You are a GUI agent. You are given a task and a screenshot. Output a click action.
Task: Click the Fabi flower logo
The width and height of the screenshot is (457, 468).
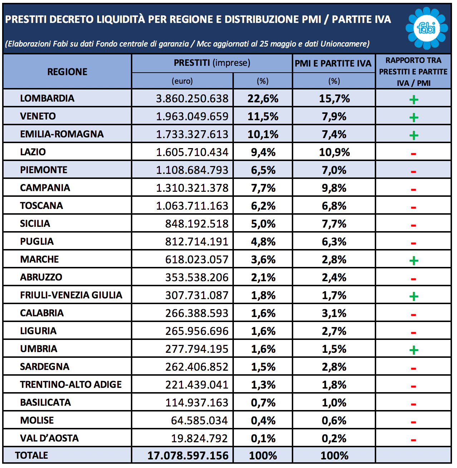427,28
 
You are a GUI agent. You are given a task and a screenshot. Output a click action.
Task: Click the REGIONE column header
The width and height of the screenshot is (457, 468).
67,72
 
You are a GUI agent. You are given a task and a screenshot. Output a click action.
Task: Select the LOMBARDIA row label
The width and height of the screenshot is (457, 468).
47,98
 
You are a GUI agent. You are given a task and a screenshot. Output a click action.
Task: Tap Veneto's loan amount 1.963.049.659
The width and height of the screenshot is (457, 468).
192,116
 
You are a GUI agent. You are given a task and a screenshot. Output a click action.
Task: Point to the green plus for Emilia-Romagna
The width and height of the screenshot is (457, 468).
414,135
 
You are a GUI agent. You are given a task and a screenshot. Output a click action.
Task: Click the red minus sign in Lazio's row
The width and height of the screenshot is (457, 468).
413,154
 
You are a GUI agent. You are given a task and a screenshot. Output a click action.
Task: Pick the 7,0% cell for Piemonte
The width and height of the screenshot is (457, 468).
334,170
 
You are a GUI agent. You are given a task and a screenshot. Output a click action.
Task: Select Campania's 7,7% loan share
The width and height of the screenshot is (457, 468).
263,188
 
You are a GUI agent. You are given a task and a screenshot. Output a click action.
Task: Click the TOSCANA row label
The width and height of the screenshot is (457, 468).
41,206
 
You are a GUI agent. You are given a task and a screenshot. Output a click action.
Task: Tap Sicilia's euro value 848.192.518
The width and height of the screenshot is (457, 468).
197,224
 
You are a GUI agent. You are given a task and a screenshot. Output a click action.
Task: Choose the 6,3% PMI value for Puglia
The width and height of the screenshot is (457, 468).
334,242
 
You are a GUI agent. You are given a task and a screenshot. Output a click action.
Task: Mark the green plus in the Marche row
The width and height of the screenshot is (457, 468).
414,260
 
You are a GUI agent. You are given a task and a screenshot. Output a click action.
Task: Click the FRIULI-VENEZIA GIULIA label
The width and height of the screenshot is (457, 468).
71,295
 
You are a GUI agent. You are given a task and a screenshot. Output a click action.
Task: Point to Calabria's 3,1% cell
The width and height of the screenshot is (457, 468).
334,313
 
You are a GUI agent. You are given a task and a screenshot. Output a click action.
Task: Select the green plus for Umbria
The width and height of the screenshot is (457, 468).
414,350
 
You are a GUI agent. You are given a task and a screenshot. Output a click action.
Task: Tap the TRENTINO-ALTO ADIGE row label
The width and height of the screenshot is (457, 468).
71,385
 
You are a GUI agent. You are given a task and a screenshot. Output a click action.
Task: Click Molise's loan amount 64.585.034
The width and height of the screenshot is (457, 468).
199,420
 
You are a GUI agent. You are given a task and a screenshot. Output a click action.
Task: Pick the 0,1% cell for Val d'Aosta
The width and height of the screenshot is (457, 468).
263,438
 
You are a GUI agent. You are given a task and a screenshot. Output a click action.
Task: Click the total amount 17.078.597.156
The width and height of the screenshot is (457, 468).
188,455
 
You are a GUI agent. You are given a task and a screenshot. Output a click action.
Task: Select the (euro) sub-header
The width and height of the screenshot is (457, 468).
182,81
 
